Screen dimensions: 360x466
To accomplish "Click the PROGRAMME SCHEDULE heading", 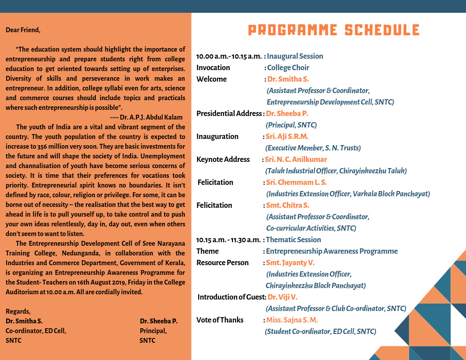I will click(334, 30).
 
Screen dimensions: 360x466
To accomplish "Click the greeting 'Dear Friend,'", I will click(23, 30).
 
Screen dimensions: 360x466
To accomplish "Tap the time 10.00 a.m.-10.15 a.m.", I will click(229, 56).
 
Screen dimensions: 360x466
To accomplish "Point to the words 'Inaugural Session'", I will click(295, 56).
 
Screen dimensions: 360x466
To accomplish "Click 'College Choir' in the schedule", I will click(288, 68).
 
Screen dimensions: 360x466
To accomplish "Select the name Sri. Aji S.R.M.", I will click(287, 137).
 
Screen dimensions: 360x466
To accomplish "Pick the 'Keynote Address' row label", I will click(223, 160).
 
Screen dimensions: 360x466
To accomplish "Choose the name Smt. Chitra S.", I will click(287, 206).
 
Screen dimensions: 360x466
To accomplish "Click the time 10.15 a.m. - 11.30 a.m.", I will click(229, 240).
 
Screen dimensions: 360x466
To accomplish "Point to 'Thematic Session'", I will click(293, 240).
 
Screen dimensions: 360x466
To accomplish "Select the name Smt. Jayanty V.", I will click(290, 263).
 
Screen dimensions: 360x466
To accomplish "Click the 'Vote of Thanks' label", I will click(220, 320).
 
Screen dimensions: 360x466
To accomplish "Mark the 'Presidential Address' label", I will click(229, 114).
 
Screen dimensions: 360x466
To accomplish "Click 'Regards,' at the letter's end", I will click(18, 311).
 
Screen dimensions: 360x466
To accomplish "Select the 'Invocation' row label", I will click(213, 68).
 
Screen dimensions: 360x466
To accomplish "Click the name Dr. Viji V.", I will click(282, 297).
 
